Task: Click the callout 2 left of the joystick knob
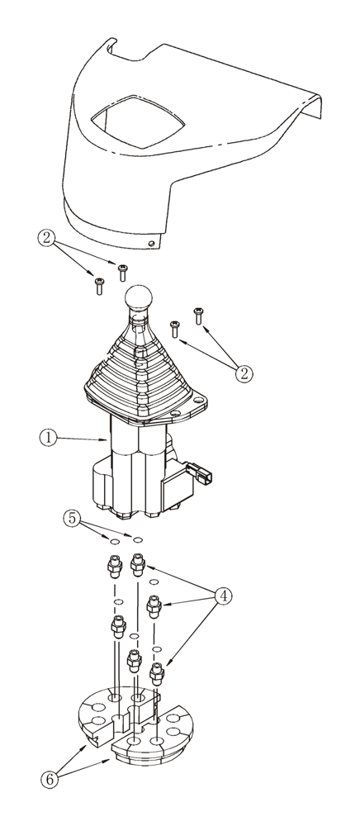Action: coord(49,240)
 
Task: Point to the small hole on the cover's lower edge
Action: coord(151,244)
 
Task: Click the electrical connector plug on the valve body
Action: coord(201,477)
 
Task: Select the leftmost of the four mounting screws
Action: coord(98,286)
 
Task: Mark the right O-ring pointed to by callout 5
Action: coord(138,539)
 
